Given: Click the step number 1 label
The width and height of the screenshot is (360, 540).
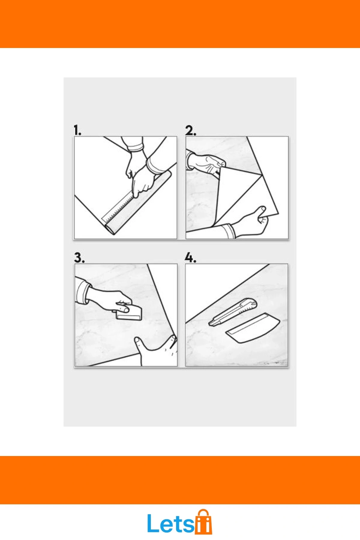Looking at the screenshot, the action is point(77,130).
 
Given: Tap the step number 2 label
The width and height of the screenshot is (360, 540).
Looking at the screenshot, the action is point(190,130).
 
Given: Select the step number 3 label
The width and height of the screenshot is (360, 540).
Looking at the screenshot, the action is point(79,258).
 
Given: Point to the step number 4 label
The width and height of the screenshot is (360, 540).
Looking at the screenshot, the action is point(190,258).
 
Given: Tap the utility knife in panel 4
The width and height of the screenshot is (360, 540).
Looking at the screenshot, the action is point(233,312).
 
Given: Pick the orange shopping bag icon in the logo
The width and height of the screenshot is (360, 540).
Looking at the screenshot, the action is point(203,522).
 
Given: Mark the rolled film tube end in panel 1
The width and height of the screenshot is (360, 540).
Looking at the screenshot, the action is point(111,229).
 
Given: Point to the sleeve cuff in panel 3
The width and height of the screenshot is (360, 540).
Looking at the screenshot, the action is point(82,292).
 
